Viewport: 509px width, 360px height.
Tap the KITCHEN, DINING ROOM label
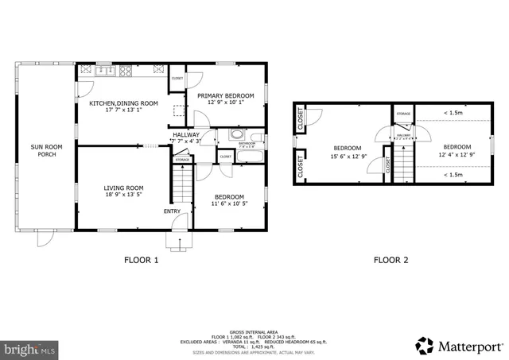[123, 103]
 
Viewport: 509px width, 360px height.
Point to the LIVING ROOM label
[123, 188]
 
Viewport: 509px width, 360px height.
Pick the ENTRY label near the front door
[172, 211]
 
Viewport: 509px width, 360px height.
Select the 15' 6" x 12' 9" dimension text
[348, 156]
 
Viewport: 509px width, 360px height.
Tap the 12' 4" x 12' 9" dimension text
[457, 154]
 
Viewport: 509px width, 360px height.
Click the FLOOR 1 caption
[141, 260]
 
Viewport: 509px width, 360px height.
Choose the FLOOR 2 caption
[391, 260]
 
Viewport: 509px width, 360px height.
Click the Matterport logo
[460, 346]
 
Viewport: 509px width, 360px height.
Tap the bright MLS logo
[29, 348]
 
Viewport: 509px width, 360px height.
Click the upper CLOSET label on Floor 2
[301, 120]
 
